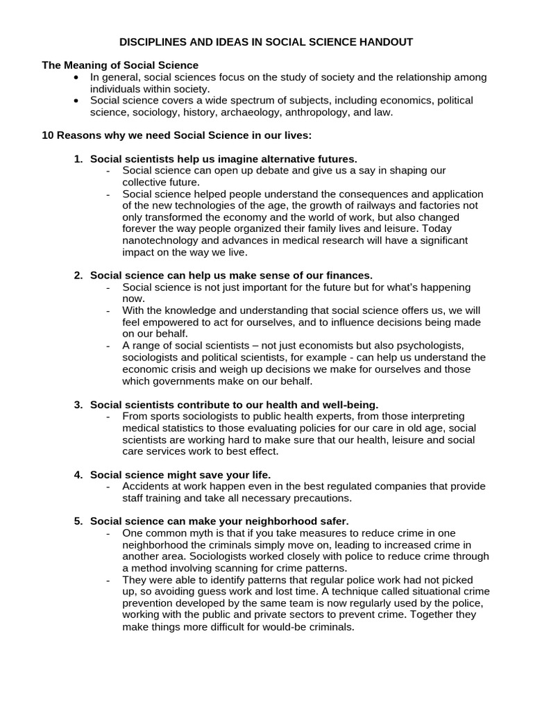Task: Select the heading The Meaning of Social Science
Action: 120,65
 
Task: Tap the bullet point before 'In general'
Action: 76,77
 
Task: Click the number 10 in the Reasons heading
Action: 48,135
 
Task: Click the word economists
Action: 314,346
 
